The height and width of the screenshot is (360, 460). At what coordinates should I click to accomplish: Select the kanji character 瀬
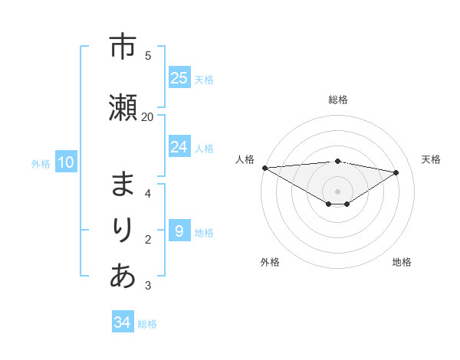[x=123, y=106]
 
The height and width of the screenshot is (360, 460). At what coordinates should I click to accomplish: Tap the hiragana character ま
[x=123, y=185]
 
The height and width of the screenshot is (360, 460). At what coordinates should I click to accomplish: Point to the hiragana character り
[x=123, y=231]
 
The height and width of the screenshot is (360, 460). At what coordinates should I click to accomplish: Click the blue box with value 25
[x=179, y=78]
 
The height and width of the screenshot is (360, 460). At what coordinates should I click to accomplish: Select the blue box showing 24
[x=179, y=147]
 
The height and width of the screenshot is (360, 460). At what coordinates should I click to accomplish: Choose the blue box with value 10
[x=65, y=162]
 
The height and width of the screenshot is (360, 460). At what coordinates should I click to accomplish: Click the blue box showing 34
[x=123, y=322]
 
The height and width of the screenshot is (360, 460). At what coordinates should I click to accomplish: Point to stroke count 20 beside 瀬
[x=148, y=116]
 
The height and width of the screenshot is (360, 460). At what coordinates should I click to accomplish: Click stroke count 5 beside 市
[x=148, y=55]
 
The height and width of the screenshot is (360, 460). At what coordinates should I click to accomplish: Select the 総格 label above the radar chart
[x=338, y=100]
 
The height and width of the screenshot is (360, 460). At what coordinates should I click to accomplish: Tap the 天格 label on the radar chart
[x=432, y=159]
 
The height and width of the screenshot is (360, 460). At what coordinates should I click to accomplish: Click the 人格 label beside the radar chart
[x=245, y=159]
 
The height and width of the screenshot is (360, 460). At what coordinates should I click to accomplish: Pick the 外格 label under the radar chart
[x=270, y=262]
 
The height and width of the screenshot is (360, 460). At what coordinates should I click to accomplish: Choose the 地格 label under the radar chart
[x=402, y=262]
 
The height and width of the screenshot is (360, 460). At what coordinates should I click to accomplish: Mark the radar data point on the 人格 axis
[x=264, y=168]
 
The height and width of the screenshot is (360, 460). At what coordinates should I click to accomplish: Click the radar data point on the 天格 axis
[x=396, y=172]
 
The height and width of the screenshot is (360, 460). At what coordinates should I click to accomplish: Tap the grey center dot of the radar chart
[x=338, y=191]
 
